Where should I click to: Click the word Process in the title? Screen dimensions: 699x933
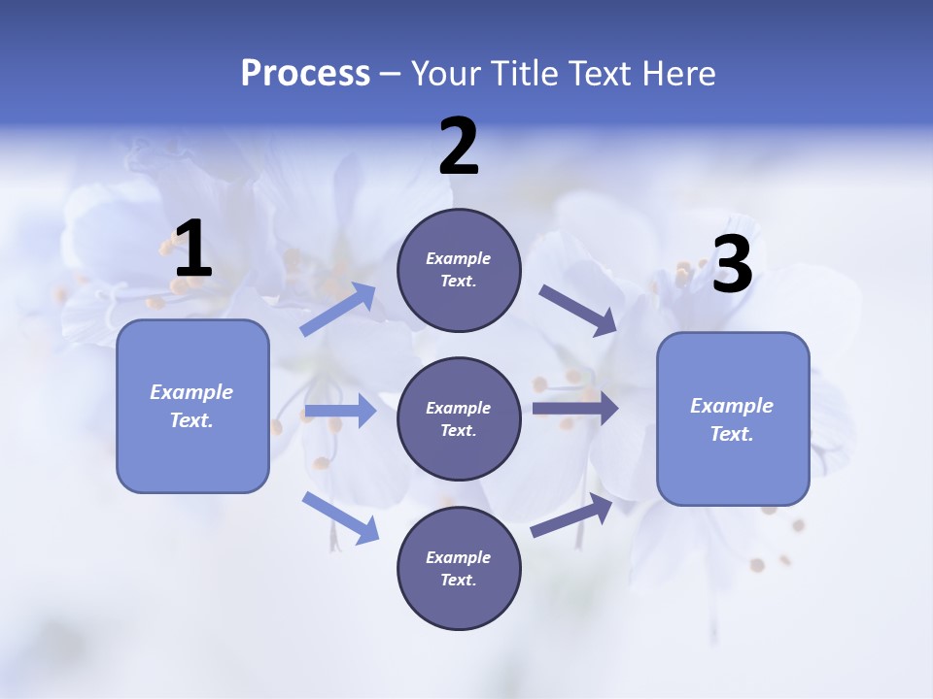(x=305, y=74)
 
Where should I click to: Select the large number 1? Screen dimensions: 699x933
(x=192, y=250)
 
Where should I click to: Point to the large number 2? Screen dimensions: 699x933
(x=459, y=147)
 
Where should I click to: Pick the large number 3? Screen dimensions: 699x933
(x=732, y=265)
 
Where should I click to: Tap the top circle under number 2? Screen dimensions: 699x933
(x=459, y=270)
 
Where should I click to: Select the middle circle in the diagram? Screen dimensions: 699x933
(x=459, y=419)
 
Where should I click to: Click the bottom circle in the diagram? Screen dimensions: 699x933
(x=459, y=569)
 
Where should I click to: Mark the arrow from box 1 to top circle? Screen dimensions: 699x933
(x=338, y=310)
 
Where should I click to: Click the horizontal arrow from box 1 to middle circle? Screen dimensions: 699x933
(x=340, y=411)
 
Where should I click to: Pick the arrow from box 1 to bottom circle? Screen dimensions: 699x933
(x=340, y=516)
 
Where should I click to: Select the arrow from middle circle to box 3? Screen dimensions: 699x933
(x=575, y=408)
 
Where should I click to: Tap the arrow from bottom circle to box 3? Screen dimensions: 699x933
(x=572, y=516)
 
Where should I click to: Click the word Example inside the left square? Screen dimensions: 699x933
(x=191, y=392)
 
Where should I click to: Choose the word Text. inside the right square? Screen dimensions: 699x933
(x=732, y=434)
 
